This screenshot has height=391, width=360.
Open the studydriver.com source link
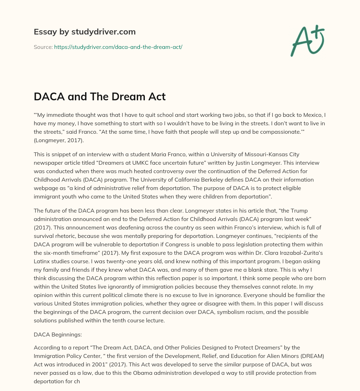(x=118, y=47)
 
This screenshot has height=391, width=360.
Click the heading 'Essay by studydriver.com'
(x=85, y=32)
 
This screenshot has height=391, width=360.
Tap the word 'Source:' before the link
(x=43, y=47)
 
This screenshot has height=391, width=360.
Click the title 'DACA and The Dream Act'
(x=99, y=97)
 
